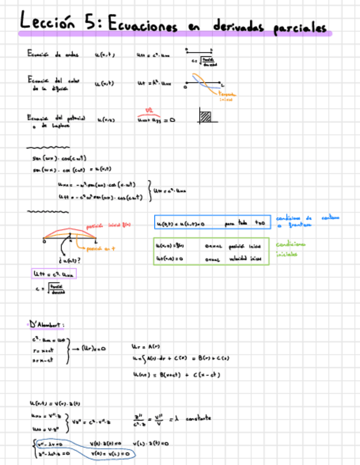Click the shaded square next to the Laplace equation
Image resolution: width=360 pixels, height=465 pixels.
(x=206, y=116)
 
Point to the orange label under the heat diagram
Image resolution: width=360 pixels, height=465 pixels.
(x=227, y=97)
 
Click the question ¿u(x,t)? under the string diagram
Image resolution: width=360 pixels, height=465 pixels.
(x=70, y=259)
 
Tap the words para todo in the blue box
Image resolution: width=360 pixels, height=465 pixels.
(x=237, y=224)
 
